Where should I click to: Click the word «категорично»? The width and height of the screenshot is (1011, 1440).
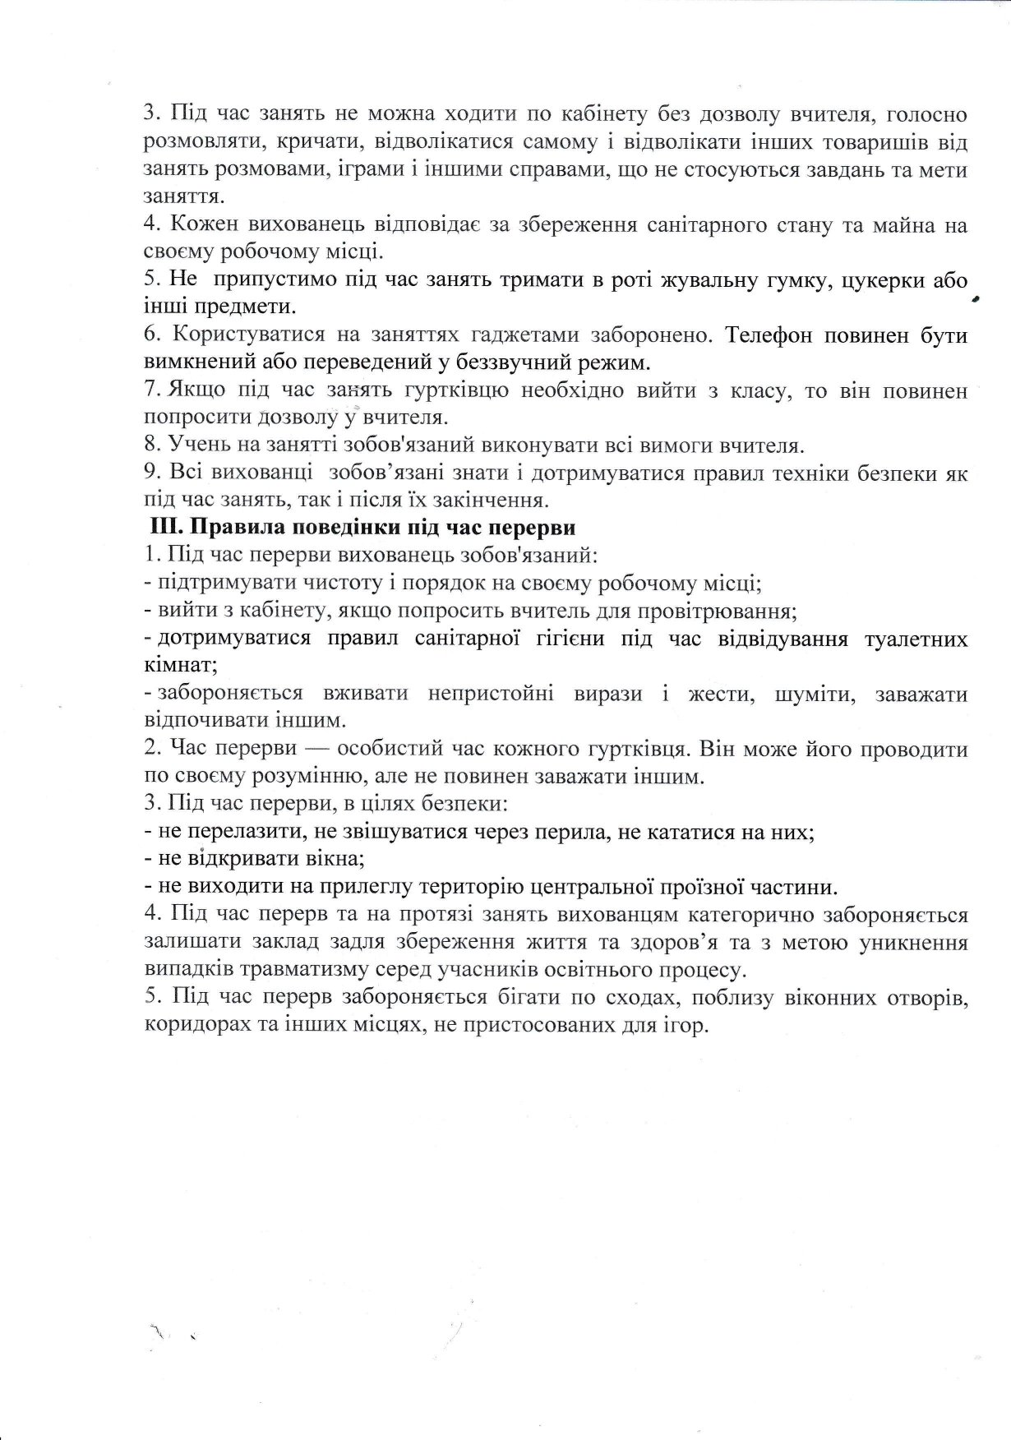click(x=759, y=915)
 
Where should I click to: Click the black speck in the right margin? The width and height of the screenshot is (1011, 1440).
click(x=976, y=301)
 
